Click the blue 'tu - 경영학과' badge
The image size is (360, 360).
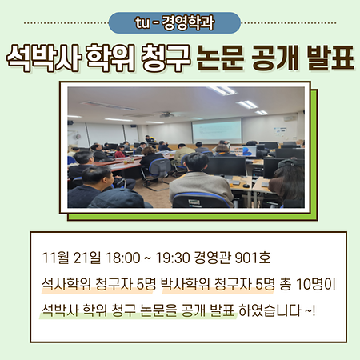(179, 22)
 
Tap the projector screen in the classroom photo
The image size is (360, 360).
(216, 130)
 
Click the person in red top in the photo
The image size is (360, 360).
(120, 151)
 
